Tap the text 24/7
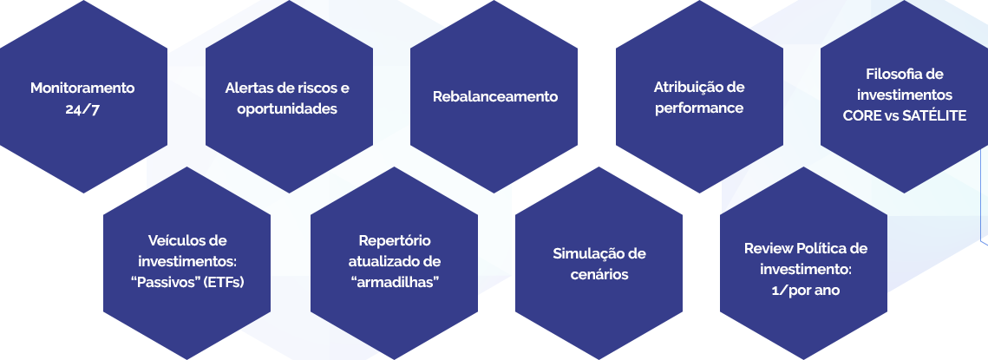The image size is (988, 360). click(82, 108)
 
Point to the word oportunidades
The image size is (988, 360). click(287, 108)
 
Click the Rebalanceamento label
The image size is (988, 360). click(495, 96)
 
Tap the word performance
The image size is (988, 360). click(699, 108)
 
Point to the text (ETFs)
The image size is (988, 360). click(222, 282)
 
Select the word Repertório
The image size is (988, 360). click(395, 240)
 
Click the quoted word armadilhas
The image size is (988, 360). click(395, 282)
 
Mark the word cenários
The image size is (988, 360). click(599, 274)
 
